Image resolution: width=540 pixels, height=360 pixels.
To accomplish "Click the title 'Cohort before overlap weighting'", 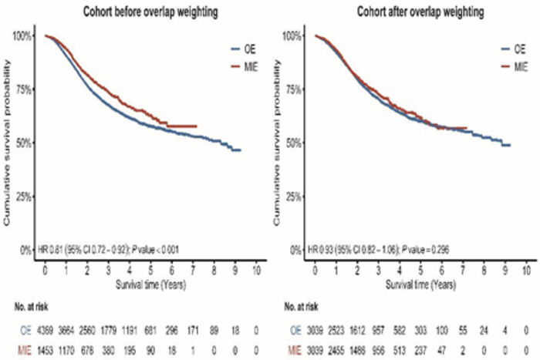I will (x=147, y=11).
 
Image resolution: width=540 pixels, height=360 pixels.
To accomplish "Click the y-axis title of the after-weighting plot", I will (x=275, y=143).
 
